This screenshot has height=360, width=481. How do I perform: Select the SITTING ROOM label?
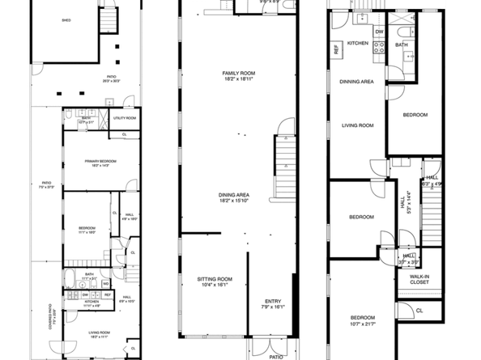point(214,278)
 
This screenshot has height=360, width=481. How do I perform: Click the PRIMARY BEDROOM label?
point(100,161)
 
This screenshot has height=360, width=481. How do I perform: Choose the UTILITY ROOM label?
point(126,118)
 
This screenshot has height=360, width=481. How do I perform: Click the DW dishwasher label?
point(378,32)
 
